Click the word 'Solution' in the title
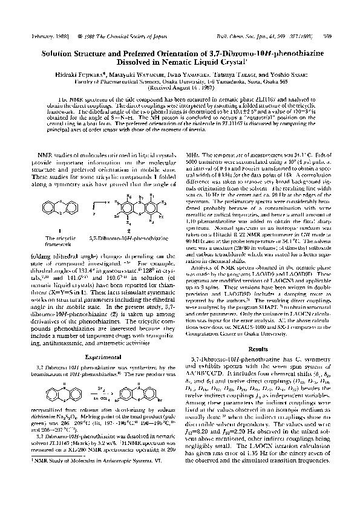tap(61, 53)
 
